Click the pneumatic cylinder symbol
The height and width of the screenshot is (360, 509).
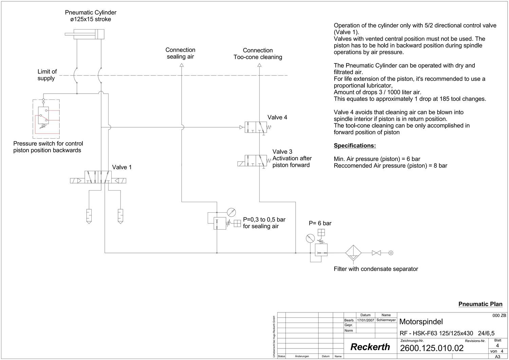click(x=84, y=34)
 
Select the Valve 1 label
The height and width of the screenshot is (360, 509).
click(x=122, y=167)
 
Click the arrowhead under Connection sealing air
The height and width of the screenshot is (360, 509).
click(x=182, y=65)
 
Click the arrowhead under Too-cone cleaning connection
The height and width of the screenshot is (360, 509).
click(x=260, y=65)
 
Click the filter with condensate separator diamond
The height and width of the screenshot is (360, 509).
click(x=353, y=253)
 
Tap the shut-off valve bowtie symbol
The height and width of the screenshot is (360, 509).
click(x=376, y=253)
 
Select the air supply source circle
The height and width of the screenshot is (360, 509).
click(x=391, y=253)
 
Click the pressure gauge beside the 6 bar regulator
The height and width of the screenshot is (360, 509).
click(x=310, y=238)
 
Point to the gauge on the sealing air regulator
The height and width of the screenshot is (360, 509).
click(x=231, y=212)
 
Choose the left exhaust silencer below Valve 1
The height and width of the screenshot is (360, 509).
click(x=89, y=216)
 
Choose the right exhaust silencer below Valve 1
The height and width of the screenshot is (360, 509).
click(x=120, y=216)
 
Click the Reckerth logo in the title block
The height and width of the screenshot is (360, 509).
click(x=370, y=347)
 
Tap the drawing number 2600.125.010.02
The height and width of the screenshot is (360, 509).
click(x=432, y=348)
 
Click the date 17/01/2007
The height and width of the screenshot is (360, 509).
click(x=365, y=320)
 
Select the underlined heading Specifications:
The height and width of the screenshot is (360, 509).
click(x=355, y=146)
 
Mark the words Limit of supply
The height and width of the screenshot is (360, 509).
click(x=47, y=75)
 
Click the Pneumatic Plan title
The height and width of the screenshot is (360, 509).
click(x=480, y=304)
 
